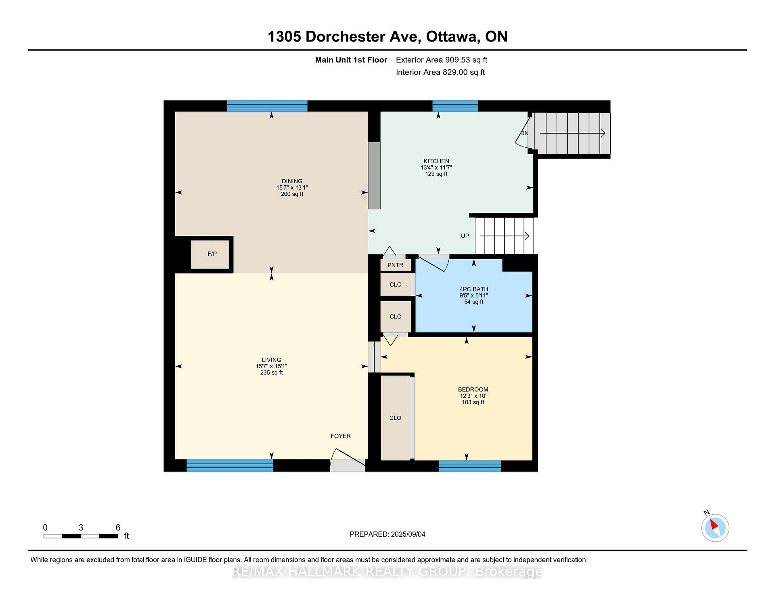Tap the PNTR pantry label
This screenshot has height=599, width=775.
[x=396, y=265]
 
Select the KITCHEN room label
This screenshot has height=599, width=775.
[x=436, y=161]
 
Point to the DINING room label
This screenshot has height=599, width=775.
[x=292, y=181]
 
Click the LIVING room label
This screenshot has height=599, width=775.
[x=271, y=360]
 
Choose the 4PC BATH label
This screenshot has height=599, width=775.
[x=474, y=289]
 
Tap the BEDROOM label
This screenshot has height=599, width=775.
[x=473, y=390]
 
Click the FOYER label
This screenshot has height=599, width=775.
[x=341, y=436]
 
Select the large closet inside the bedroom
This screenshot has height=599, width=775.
[x=396, y=418]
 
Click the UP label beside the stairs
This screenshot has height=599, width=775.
[x=465, y=236]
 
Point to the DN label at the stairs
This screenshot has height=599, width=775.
[x=524, y=133]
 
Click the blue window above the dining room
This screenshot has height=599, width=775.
[x=267, y=106]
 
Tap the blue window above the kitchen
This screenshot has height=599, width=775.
[x=455, y=106]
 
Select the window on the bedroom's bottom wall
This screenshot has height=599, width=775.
[x=470, y=466]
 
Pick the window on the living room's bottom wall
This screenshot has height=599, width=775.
[x=230, y=465]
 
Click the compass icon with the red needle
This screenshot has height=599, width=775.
[x=715, y=528]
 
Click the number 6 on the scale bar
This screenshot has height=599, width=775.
[x=118, y=528]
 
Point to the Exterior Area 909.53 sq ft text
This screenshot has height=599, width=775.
[x=442, y=60]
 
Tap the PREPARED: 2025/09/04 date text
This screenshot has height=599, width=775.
[x=387, y=534]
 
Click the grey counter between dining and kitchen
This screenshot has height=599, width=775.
[x=374, y=176]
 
